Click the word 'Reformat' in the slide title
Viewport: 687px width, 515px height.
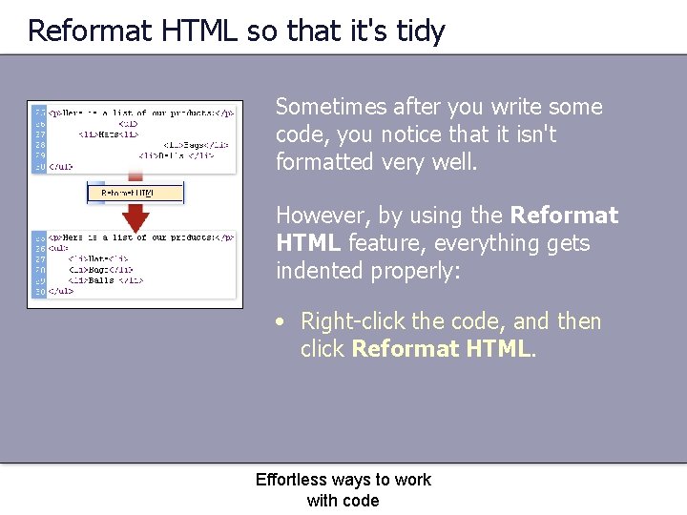coord(91,31)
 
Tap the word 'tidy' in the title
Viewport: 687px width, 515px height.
coord(420,31)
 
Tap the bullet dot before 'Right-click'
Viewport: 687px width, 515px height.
coord(281,322)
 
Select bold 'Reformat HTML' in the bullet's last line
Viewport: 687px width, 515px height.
coord(441,350)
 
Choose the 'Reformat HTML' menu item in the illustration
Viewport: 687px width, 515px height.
coord(128,194)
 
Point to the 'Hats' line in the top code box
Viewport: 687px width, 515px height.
coord(103,134)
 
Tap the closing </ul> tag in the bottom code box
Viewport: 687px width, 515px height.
coord(61,291)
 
